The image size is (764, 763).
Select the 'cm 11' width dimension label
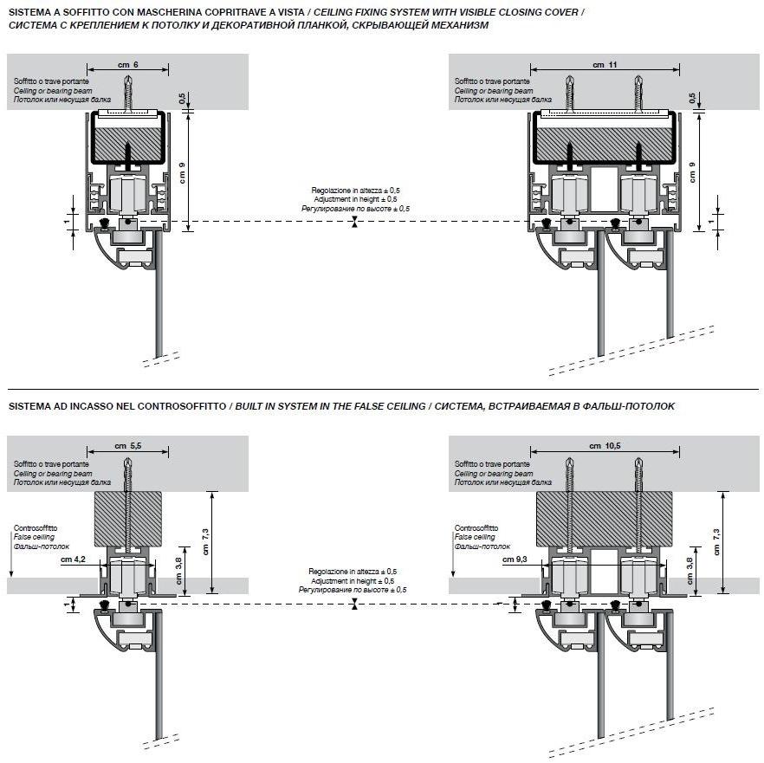pos(599,65)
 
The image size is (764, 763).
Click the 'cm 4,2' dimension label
pos(74,559)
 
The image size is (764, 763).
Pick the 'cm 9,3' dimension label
pos(515,559)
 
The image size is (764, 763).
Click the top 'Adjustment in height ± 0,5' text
pos(355,199)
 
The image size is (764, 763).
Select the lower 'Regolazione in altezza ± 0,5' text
pos(353,572)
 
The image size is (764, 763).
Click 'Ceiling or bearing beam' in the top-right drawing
pos(494,90)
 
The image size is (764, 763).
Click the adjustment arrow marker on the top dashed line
pos(354,223)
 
